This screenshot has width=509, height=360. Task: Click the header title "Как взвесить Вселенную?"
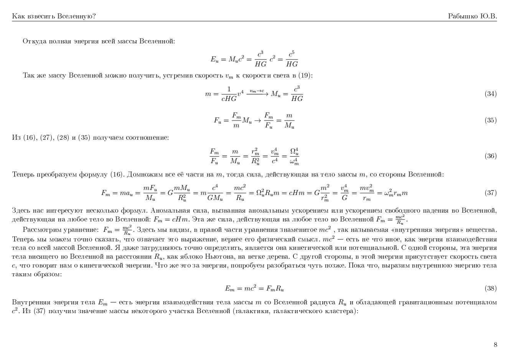(54, 16)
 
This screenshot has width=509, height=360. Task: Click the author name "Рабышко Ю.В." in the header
(472, 16)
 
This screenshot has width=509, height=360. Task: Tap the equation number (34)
(491, 94)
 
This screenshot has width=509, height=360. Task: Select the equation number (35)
(491, 120)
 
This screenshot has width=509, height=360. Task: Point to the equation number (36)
(491, 156)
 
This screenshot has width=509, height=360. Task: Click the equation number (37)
(491, 193)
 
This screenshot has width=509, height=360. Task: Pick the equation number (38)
(491, 288)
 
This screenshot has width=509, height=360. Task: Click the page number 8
(495, 345)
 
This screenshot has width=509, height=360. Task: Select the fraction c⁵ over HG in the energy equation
(292, 59)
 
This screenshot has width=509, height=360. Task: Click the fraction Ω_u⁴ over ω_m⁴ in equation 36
(294, 156)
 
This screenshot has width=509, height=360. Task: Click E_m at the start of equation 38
(229, 289)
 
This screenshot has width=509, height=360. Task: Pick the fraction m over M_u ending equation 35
(289, 120)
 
